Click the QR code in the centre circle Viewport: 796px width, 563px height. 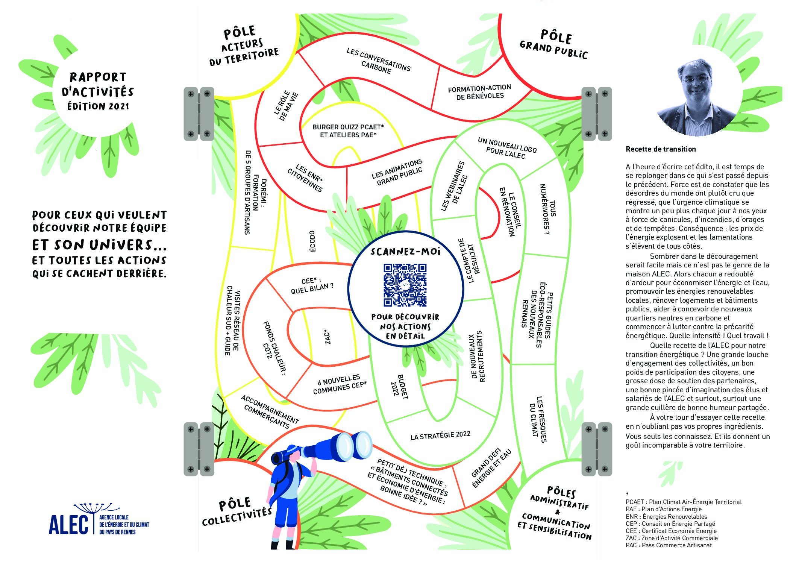click(x=405, y=285)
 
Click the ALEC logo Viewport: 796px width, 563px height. click(x=99, y=520)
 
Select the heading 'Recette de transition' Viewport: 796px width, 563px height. click(x=661, y=149)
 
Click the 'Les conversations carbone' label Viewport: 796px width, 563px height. click(x=378, y=61)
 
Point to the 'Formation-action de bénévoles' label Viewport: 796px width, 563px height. click(x=479, y=92)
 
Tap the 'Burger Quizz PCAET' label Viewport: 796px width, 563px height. click(x=348, y=131)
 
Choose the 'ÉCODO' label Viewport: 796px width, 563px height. click(x=312, y=241)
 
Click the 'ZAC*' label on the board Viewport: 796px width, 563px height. click(x=327, y=337)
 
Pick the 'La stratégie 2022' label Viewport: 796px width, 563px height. click(x=440, y=436)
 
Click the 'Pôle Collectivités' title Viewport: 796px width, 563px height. click(x=236, y=511)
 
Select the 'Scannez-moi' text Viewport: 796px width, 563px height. click(x=405, y=251)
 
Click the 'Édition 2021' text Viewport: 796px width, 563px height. click(x=98, y=106)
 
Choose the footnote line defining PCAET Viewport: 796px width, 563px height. click(x=684, y=502)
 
